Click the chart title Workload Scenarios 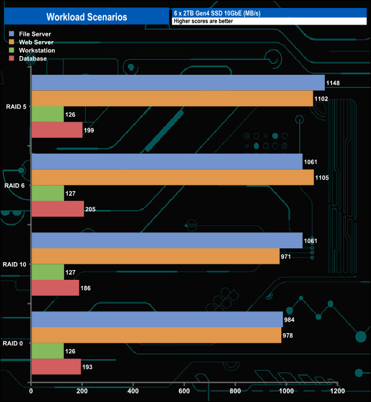point(86,17)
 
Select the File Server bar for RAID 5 point(178,83)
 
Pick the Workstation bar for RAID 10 point(47,272)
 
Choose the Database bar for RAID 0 point(56,367)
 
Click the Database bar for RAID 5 point(57,130)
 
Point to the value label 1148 point(333,83)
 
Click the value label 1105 point(322,178)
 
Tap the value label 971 point(287,256)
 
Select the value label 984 point(291,319)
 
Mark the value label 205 point(90,209)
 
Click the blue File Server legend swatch point(13,34)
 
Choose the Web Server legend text point(36,42)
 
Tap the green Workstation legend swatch point(13,50)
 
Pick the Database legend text point(33,58)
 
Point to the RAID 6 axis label point(14,186)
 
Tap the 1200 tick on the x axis point(337,392)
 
